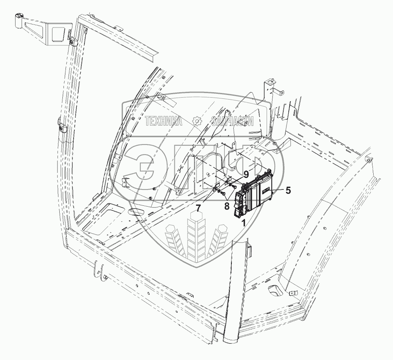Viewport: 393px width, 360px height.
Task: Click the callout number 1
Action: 243,223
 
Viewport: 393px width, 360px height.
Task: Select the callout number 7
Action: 198,208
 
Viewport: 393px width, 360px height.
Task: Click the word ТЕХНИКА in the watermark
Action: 164,121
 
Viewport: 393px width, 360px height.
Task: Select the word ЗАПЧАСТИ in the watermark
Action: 233,121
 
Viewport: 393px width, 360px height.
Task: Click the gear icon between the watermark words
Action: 197,121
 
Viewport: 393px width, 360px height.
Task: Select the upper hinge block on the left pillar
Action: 72,41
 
